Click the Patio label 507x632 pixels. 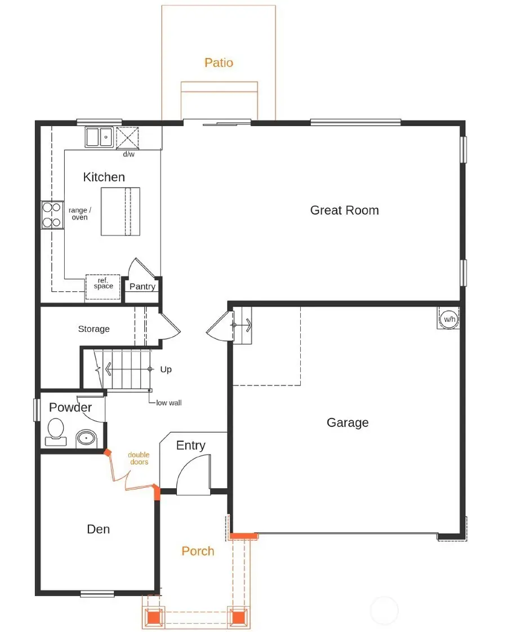coord(219,63)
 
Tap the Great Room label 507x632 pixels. coord(344,210)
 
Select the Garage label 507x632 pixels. coord(348,422)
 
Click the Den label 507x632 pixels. coord(98,529)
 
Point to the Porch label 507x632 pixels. coord(198,551)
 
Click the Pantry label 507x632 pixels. coord(142,286)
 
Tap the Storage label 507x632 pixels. coord(94,329)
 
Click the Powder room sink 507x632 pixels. coord(86,437)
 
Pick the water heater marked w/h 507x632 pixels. coord(449,319)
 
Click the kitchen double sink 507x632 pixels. coord(100,137)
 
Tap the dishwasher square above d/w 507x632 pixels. coord(128,137)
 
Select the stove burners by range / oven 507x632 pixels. coord(51,215)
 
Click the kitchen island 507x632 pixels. coord(120,211)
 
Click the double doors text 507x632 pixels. coord(138,459)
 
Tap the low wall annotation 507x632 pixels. coord(169,403)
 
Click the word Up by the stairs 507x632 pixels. coord(166,370)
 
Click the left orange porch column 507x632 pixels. coord(153,616)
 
